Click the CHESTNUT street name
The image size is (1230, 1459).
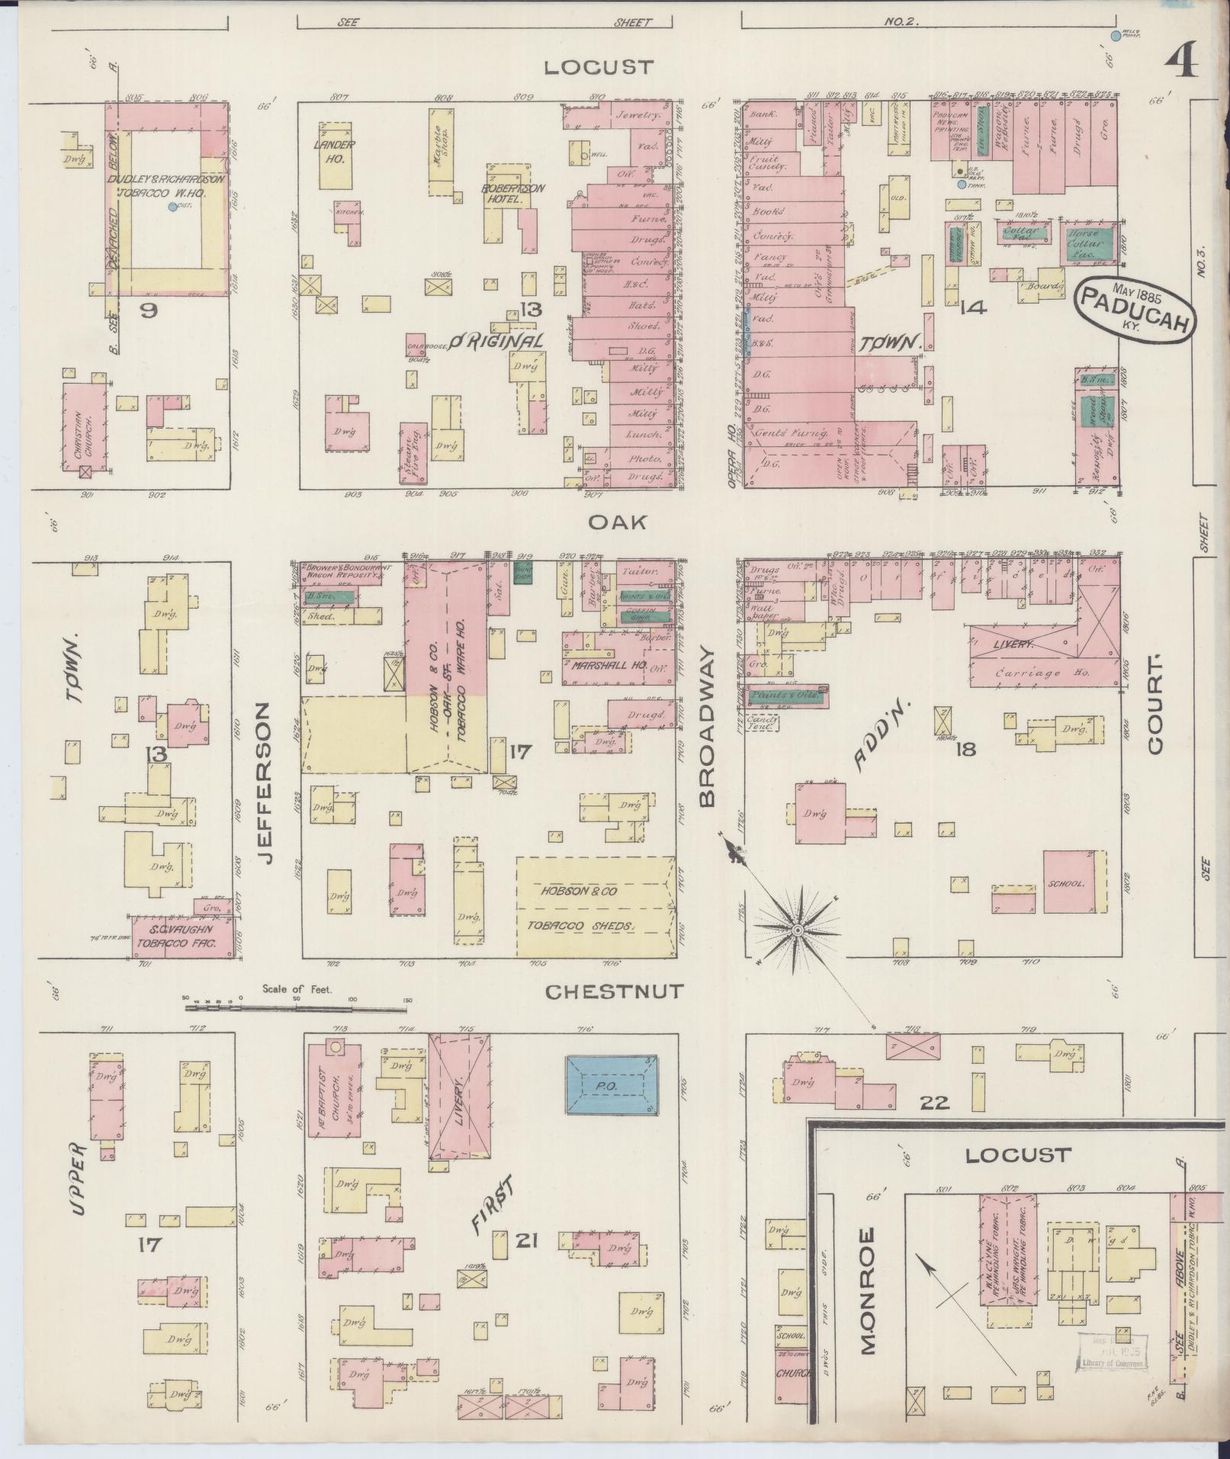pos(615,991)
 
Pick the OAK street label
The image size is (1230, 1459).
pos(618,522)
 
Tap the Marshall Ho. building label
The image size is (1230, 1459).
pos(610,665)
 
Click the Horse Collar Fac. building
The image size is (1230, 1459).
pos(1084,243)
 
